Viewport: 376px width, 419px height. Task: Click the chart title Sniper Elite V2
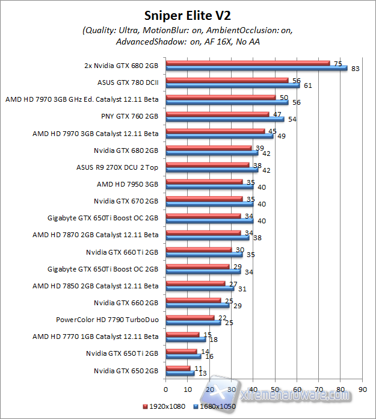[x=188, y=14]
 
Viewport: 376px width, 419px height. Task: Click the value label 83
[x=355, y=69]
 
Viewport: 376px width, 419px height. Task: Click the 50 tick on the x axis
[x=275, y=388]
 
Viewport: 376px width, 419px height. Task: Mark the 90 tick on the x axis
[x=362, y=388]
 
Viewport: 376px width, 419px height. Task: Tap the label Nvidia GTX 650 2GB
[x=126, y=370]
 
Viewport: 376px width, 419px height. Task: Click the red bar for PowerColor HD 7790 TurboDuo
[x=190, y=317]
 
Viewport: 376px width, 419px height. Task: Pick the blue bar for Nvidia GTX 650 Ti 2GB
[x=183, y=356]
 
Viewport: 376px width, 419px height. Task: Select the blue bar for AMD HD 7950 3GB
[x=209, y=187]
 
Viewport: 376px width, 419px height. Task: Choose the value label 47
[x=277, y=113]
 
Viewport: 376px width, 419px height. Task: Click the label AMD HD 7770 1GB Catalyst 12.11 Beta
[x=95, y=337]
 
